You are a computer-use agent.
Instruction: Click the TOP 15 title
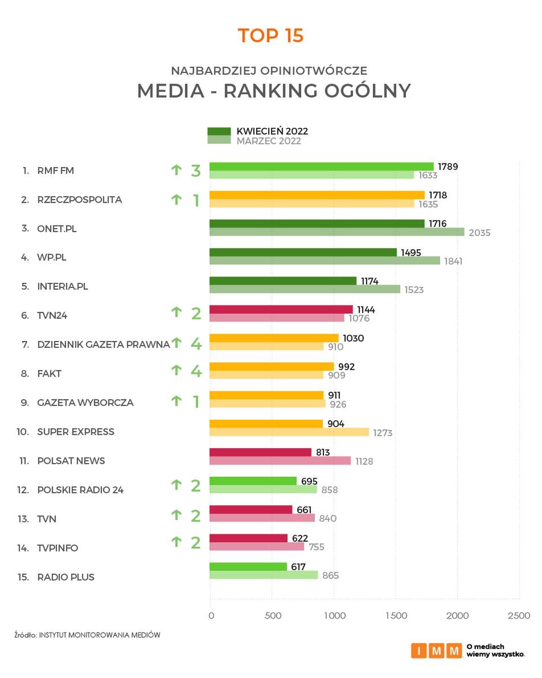tap(270, 35)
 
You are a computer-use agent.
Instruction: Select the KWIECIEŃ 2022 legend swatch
tap(219, 131)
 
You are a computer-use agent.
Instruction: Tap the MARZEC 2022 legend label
tap(269, 141)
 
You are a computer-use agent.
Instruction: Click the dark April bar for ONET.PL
tap(317, 224)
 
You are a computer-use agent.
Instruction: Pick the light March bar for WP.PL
tap(325, 261)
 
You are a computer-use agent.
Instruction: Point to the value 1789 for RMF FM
tap(447, 167)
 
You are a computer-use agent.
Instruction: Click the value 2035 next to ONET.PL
tap(479, 233)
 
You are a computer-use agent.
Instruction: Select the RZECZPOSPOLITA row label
tap(79, 200)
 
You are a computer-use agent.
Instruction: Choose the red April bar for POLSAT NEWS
tap(260, 452)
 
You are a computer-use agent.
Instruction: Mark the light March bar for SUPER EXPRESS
tap(289, 432)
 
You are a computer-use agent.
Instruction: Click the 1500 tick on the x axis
tap(396, 616)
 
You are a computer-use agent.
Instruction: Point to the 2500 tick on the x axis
tap(519, 616)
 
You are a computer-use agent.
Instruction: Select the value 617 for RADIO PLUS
tap(298, 567)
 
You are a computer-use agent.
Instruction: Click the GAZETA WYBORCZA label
tap(85, 403)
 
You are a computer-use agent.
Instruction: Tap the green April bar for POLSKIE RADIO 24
tap(253, 481)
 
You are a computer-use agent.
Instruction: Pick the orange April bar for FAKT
tap(272, 366)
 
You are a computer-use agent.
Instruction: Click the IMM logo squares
tap(436, 651)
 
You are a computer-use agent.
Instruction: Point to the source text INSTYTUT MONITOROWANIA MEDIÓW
tap(100, 634)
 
